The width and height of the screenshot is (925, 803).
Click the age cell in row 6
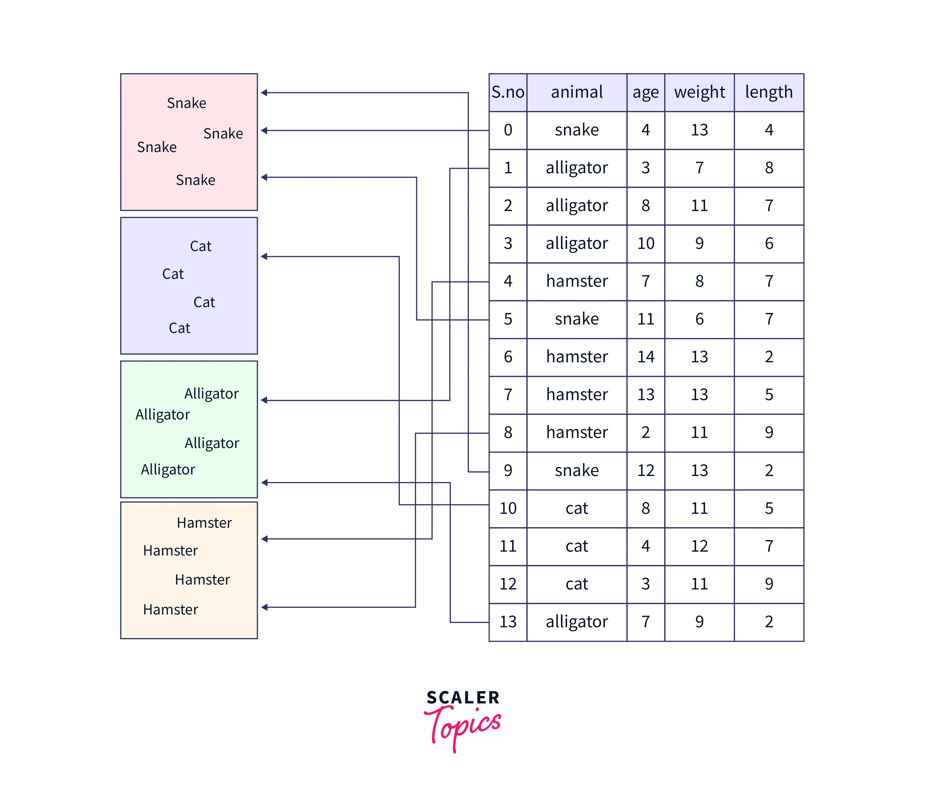645,357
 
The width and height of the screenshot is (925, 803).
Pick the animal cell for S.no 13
577,622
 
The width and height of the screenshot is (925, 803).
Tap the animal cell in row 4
577,282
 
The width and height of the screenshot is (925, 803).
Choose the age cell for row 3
645,243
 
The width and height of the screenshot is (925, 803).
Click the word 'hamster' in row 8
577,433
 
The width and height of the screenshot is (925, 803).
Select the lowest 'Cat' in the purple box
179,328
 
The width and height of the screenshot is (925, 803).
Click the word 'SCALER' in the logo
463,698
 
